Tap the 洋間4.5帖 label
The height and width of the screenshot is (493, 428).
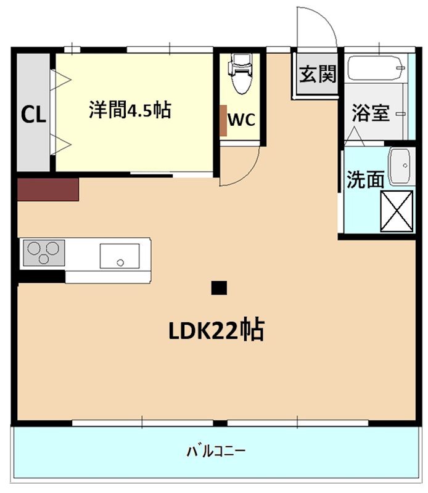[x=130, y=110]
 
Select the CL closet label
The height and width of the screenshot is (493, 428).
[x=33, y=115]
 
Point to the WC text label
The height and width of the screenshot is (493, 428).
[x=241, y=120]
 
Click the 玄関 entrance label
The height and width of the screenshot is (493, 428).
[x=318, y=75]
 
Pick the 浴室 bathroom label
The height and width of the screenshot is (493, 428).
[x=371, y=113]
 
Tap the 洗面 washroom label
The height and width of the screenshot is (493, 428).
[x=365, y=179]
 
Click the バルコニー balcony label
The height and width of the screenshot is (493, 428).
[x=216, y=451]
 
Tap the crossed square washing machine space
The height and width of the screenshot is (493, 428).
[x=397, y=211]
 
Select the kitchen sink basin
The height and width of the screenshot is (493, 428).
[x=120, y=255]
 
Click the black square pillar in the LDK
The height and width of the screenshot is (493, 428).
[x=219, y=287]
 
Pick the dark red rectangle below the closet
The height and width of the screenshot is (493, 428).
[x=48, y=190]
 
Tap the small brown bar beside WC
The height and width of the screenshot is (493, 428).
[x=223, y=120]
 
